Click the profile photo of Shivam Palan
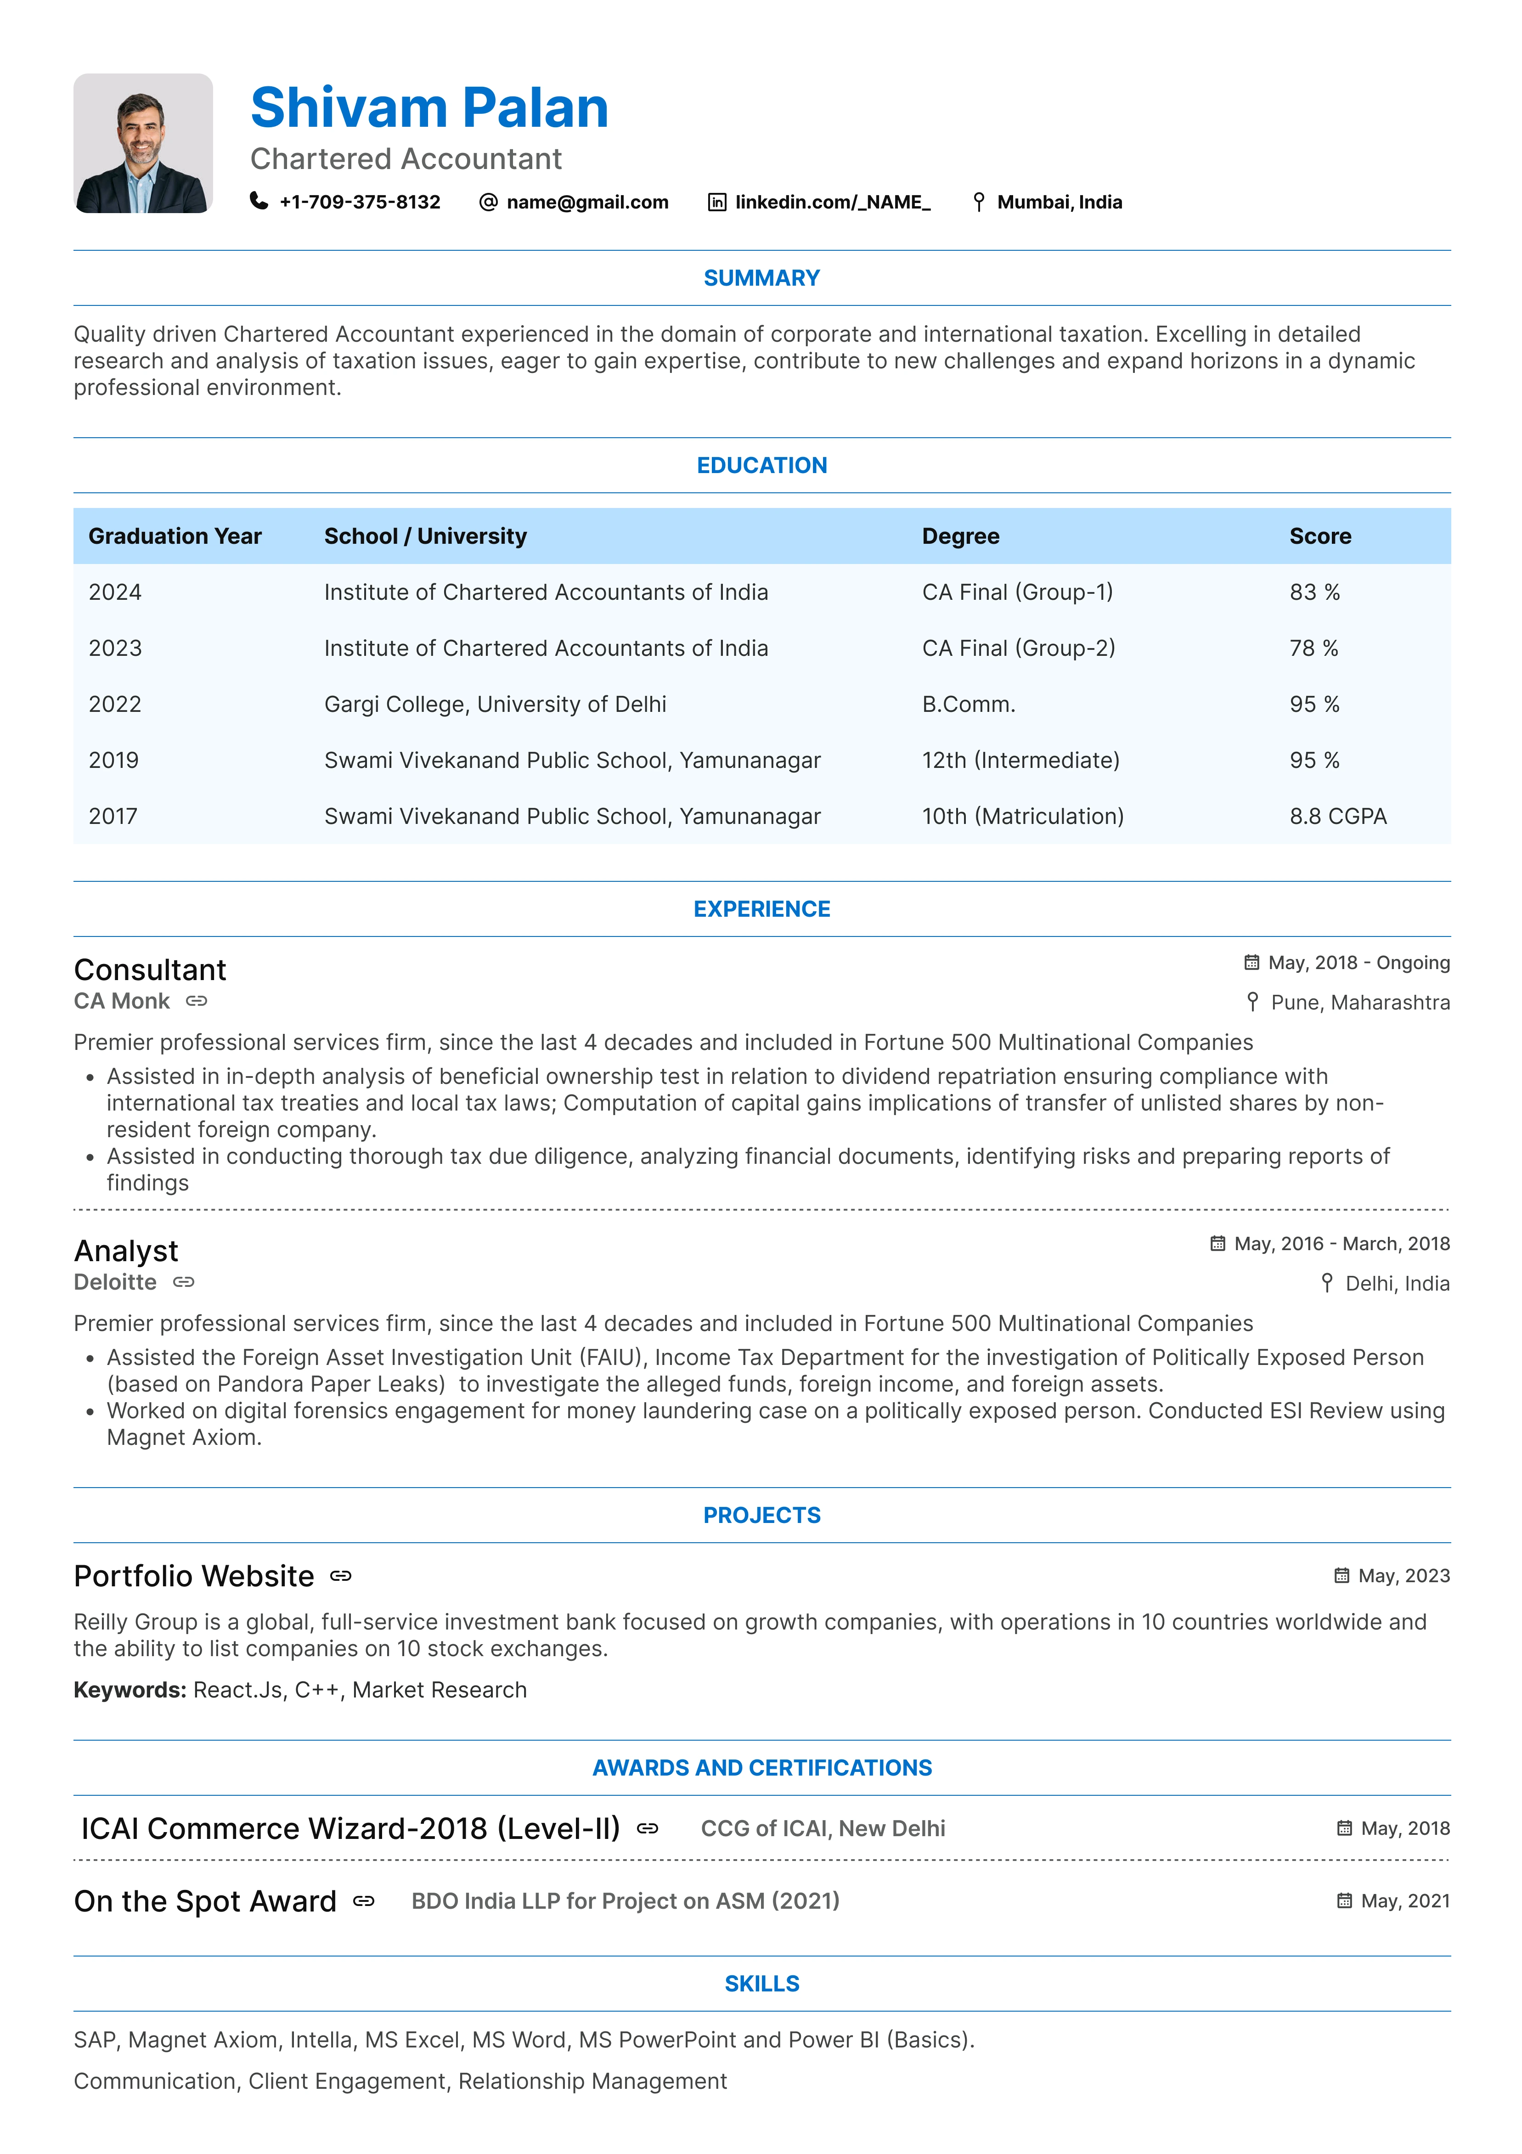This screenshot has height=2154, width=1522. [143, 144]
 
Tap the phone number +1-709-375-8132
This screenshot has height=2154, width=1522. [360, 202]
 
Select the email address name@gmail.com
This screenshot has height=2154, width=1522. [587, 202]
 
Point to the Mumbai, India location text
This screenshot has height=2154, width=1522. [1060, 202]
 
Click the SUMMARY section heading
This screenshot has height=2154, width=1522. [761, 278]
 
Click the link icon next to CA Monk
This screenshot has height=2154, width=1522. [196, 1001]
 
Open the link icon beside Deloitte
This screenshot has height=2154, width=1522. [184, 1281]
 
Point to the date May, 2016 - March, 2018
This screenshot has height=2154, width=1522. [1342, 1243]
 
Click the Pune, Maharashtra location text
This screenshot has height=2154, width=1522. [1360, 1002]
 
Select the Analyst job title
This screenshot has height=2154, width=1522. [126, 1251]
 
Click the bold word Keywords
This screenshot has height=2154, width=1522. [130, 1690]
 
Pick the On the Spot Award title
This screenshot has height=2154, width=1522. [204, 1900]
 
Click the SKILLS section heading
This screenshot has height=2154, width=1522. [761, 1983]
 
